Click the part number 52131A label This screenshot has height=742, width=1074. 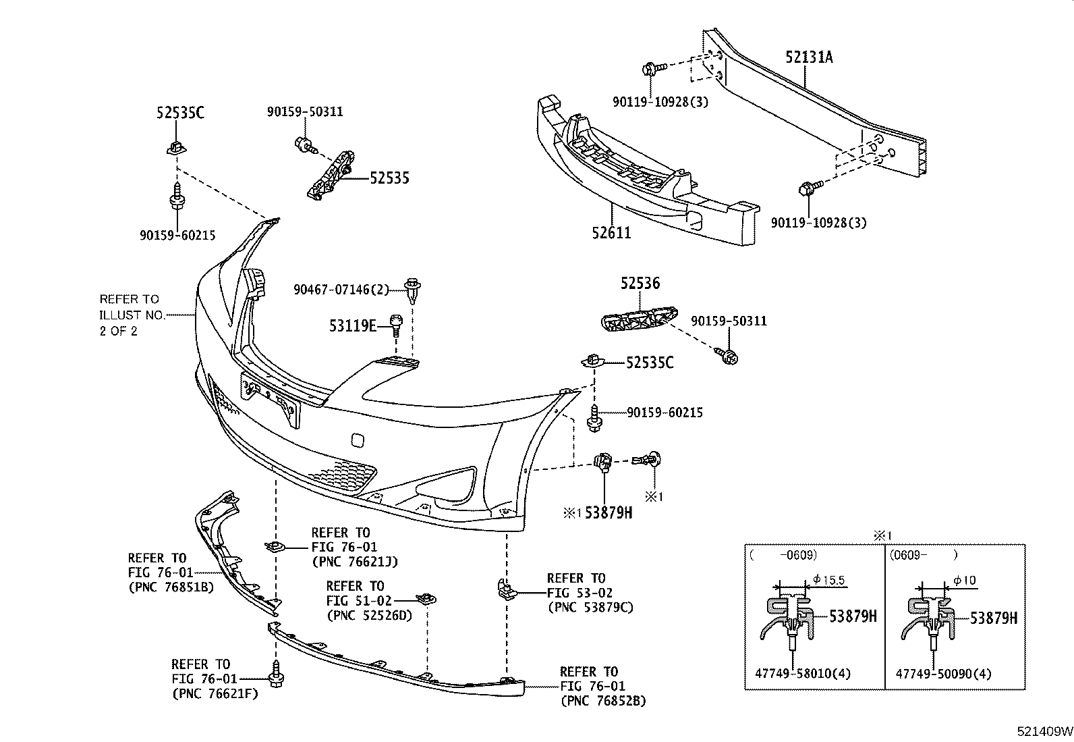tap(808, 57)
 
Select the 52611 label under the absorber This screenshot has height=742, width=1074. tap(611, 233)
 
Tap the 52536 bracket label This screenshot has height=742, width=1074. tap(640, 284)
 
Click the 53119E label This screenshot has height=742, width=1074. tap(352, 327)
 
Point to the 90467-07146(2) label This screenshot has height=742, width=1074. tap(341, 290)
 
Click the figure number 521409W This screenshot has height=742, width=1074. tap(1044, 732)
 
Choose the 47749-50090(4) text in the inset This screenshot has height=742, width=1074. tap(943, 674)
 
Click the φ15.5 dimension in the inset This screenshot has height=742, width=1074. tap(829, 579)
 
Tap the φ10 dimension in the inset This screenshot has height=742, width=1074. tap(964, 580)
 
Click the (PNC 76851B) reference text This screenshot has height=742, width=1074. tap(171, 587)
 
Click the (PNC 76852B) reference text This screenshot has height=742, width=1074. tap(602, 701)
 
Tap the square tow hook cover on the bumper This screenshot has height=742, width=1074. tap(358, 440)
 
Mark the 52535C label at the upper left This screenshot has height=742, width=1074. tap(179, 113)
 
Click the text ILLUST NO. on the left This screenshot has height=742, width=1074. tap(132, 315)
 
